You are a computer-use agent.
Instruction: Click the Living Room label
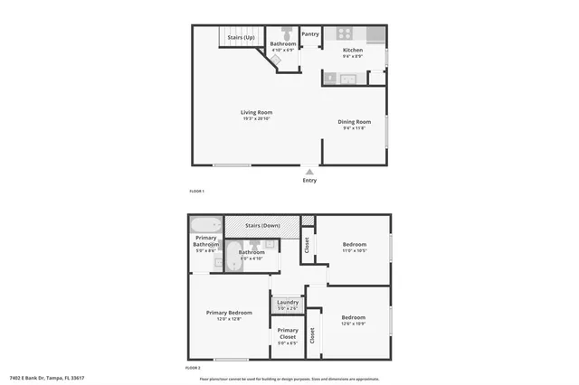coord(257,113)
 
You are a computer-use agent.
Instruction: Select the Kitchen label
coord(353,50)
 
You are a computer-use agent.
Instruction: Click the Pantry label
coord(310,34)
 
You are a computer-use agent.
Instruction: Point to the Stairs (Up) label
coord(241,37)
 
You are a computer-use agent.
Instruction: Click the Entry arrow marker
coord(309,171)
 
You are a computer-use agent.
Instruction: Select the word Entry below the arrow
coord(309,180)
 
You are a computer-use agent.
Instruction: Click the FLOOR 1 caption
coord(196,192)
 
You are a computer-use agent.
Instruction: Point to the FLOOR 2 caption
coord(194,368)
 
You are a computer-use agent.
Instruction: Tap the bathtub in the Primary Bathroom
coord(205,225)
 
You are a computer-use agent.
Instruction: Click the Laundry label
coord(288,303)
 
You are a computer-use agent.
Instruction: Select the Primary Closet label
coord(288,333)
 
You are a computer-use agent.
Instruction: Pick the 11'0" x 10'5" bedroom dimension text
coord(354,251)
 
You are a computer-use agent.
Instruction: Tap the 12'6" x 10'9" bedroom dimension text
coord(354,324)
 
